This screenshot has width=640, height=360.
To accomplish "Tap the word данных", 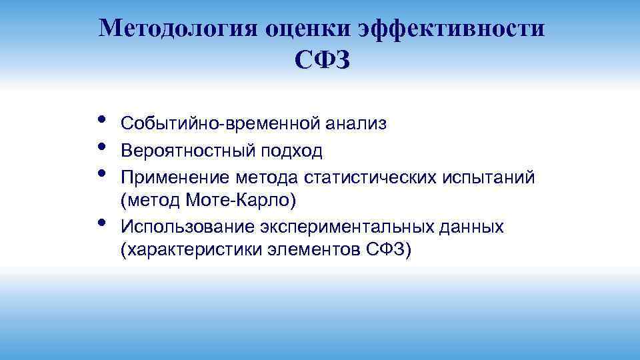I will [471, 227].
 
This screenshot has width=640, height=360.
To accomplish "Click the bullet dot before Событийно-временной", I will [101, 120].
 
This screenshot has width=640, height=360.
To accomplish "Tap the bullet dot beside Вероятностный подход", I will [101, 146].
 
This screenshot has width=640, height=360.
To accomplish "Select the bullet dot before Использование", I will [101, 222].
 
